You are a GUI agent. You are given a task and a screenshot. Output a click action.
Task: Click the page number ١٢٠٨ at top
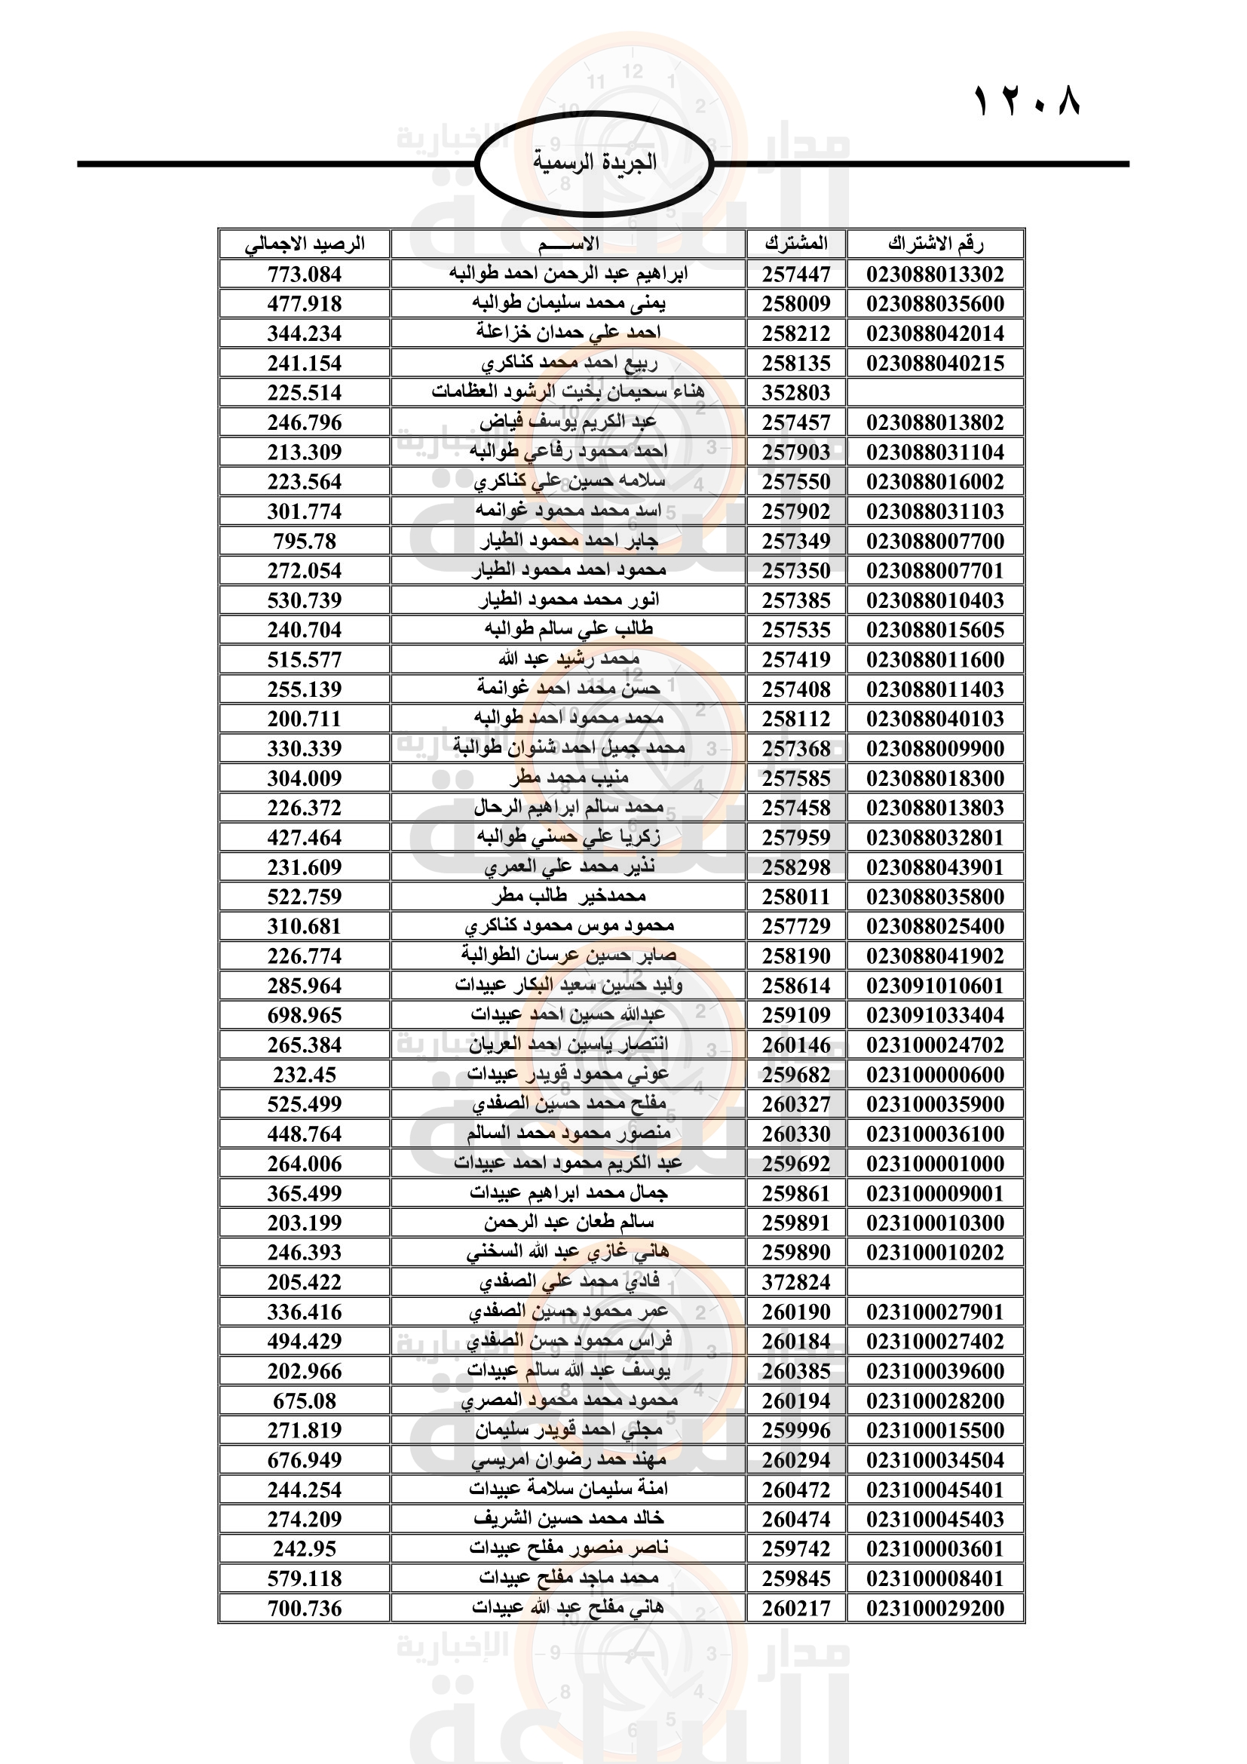point(1028,101)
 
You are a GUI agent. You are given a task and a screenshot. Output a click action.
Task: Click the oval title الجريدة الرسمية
point(594,162)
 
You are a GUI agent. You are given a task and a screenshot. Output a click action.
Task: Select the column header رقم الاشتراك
point(935,244)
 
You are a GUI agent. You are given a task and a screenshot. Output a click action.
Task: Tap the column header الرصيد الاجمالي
point(305,244)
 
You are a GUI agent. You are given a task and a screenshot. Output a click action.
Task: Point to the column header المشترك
point(796,244)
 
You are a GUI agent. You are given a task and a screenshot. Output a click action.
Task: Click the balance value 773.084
point(305,275)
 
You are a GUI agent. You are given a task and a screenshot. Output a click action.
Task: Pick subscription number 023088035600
point(935,304)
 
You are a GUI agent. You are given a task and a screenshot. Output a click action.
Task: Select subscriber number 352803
point(796,394)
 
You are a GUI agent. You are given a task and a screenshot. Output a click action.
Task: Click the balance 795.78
point(305,541)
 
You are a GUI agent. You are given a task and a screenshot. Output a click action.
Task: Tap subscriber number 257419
point(796,660)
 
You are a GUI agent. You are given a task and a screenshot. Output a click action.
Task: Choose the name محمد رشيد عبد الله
point(568,659)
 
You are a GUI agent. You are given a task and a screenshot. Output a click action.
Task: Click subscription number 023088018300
point(935,779)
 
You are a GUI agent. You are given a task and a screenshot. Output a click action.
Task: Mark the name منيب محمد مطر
point(568,778)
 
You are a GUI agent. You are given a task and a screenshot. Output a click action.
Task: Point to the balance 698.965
point(305,1016)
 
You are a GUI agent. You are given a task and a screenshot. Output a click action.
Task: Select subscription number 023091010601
point(935,986)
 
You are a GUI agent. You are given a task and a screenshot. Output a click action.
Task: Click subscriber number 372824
point(796,1282)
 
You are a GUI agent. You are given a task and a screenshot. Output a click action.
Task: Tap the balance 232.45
point(305,1075)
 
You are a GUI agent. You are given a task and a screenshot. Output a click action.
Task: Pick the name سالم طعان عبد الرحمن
point(568,1223)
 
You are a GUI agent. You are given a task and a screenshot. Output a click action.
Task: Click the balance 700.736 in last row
point(305,1608)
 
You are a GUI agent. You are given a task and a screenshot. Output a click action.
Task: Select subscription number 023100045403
point(935,1519)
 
